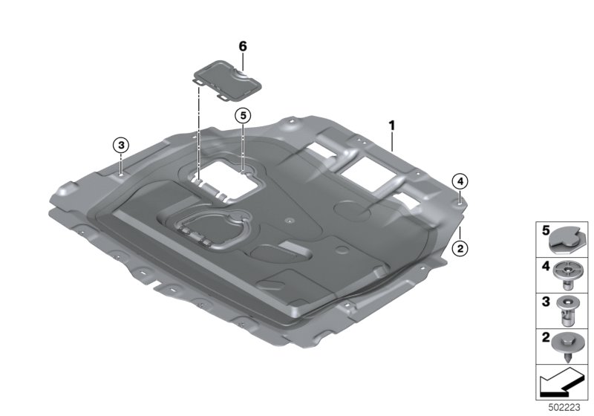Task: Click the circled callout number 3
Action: (121, 145)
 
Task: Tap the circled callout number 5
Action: (243, 116)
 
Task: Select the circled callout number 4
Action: (460, 182)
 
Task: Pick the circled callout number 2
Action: (460, 249)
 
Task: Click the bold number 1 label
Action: (392, 126)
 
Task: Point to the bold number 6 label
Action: (243, 46)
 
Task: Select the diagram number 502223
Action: (564, 408)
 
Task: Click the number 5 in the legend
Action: (546, 230)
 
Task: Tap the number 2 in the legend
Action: (546, 337)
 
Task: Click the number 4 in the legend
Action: (546, 266)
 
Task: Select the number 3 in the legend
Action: (546, 302)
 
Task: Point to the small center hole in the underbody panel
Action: (290, 221)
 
